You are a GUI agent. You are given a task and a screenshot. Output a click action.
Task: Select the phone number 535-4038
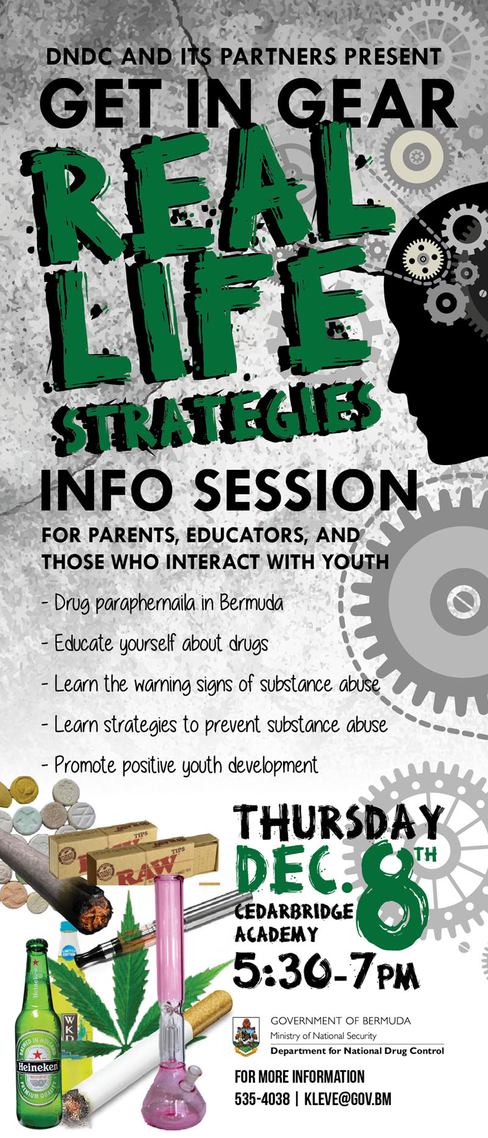pos(262,1099)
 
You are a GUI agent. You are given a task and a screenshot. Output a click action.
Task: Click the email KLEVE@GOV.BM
pos(348,1099)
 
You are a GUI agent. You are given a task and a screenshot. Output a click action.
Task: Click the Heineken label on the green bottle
pos(38,1067)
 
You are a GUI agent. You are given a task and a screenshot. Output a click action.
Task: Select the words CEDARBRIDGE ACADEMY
pos(294,923)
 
